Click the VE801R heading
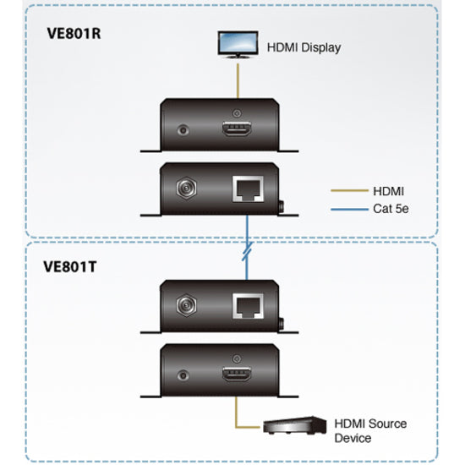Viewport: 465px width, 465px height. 70,36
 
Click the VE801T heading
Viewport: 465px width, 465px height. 69,264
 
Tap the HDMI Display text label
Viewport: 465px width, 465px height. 304,48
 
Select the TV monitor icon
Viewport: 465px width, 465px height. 234,44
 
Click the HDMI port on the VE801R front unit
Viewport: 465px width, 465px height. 237,129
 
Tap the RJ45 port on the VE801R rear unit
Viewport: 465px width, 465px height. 248,189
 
